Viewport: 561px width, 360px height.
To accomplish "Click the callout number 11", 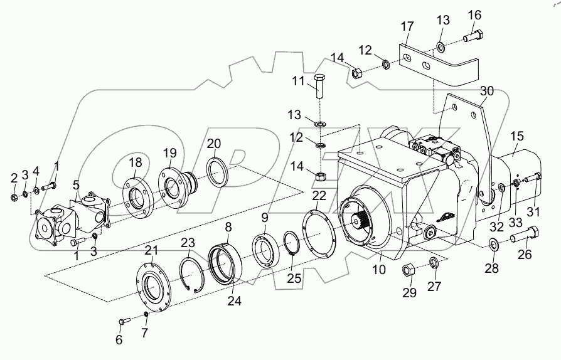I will (298, 82).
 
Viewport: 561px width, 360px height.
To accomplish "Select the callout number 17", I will (407, 27).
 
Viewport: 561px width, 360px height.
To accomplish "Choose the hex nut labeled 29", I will (406, 271).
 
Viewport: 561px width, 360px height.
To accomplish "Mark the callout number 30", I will (487, 92).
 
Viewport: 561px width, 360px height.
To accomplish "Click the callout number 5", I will (77, 185).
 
